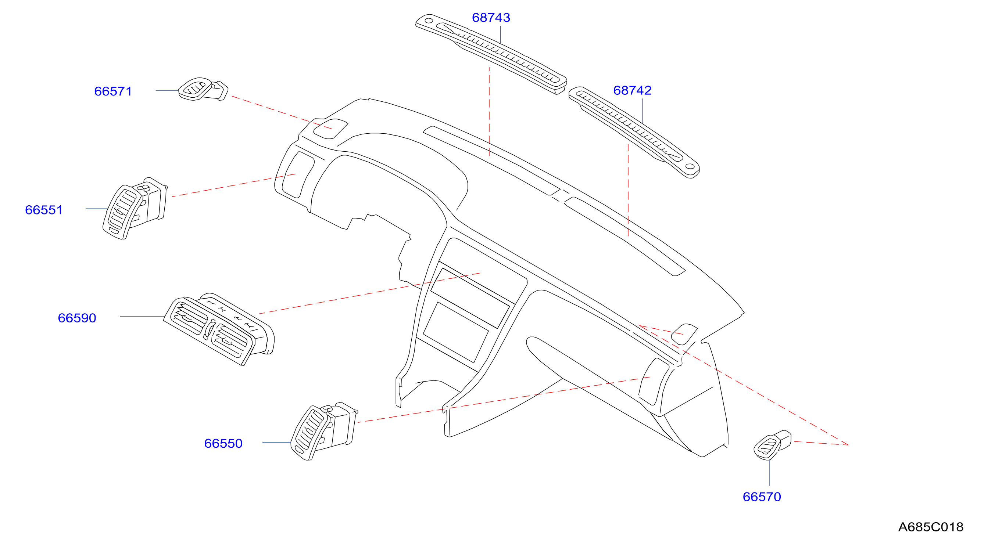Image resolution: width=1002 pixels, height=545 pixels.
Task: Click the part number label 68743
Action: coord(491,18)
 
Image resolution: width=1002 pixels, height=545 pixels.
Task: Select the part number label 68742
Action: coord(632,90)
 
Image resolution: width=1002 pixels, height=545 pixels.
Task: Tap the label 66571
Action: coord(113,91)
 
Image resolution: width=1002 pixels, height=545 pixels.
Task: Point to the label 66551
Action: coord(44,210)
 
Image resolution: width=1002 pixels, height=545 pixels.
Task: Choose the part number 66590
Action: coord(77,318)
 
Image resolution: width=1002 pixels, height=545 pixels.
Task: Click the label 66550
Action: coord(223,443)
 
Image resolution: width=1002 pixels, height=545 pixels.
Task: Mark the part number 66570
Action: coord(762,497)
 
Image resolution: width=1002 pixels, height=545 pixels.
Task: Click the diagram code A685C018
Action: coord(930,527)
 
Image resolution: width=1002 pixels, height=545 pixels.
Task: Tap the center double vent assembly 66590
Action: coord(219,329)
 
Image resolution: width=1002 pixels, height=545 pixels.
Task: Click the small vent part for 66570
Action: coord(772,445)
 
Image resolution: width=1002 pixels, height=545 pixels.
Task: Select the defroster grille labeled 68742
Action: coord(634,132)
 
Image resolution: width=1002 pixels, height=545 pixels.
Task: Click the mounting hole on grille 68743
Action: coord(428,21)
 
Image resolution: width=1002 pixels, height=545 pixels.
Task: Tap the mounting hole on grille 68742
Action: coord(690,166)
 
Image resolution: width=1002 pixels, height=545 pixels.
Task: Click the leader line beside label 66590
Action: coord(142,317)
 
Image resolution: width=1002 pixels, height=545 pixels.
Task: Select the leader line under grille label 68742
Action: coord(642,111)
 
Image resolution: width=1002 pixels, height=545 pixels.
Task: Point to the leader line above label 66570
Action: coord(769,473)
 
